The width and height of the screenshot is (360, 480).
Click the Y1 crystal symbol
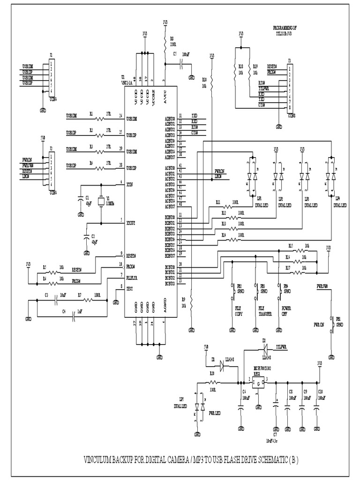[x=100, y=202]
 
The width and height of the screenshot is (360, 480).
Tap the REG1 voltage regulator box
[x=258, y=383]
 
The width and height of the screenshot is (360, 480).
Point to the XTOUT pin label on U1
[x=132, y=223]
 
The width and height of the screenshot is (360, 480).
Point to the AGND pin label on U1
[x=164, y=307]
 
